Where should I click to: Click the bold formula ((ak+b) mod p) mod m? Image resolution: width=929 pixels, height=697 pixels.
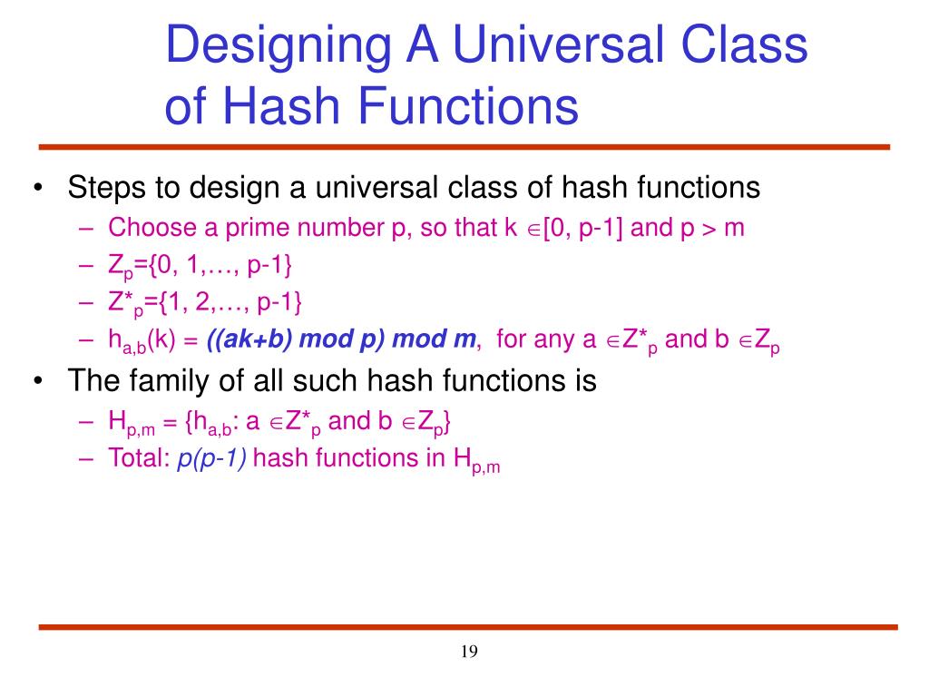click(341, 339)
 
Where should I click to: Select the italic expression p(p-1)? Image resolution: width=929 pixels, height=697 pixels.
click(212, 458)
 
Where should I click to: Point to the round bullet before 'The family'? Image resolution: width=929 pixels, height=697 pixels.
click(37, 380)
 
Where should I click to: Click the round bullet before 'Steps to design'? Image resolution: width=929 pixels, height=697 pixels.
click(37, 188)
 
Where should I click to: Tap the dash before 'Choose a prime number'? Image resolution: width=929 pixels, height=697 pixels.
click(86, 227)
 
